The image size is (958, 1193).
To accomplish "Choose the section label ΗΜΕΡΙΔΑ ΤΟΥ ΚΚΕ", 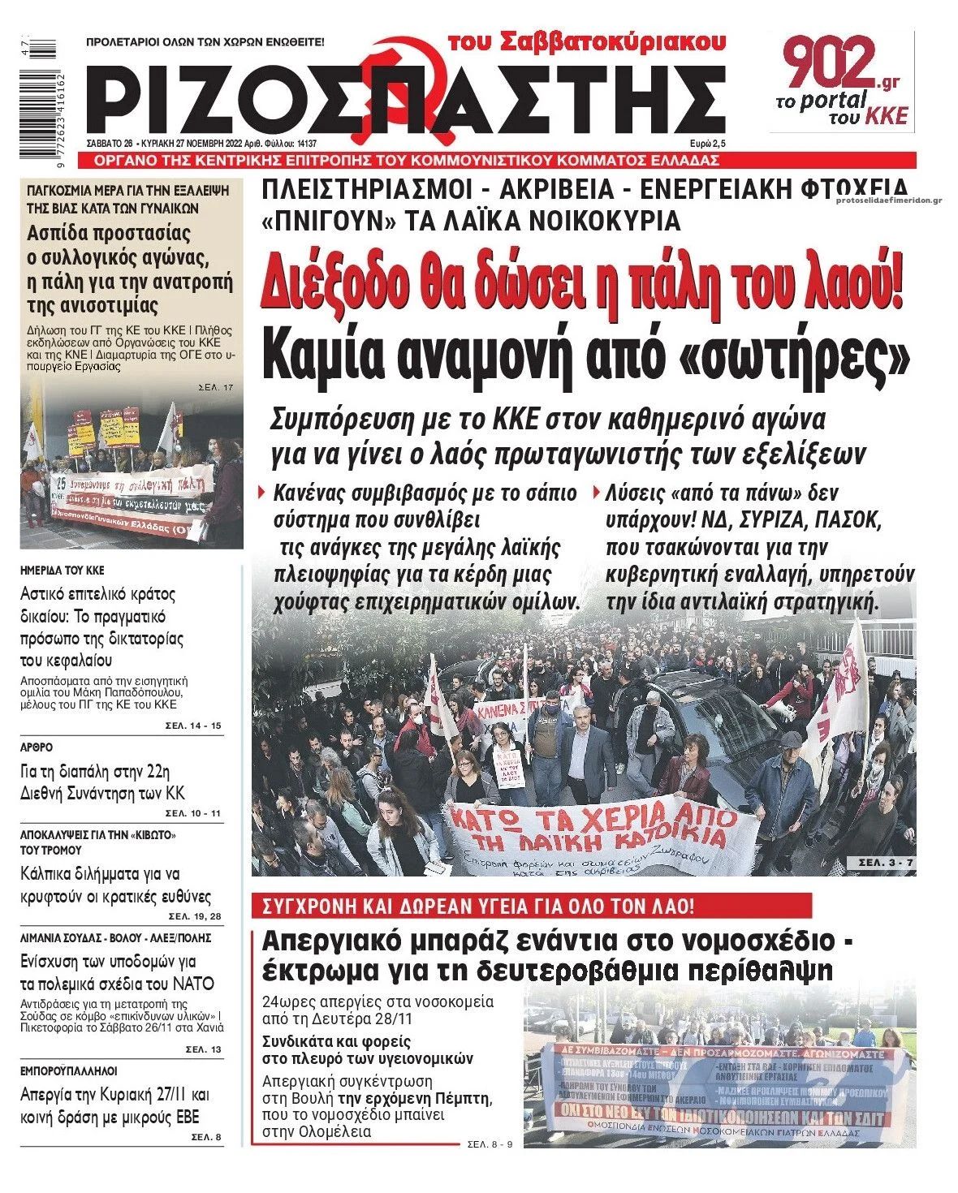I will pos(63,571).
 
